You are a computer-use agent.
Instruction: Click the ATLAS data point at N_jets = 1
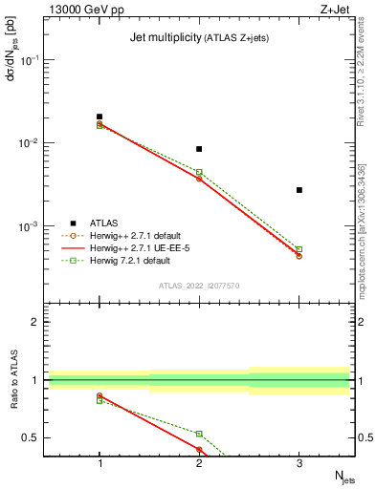tap(100, 117)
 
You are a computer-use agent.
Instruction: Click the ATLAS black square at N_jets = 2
tap(199, 149)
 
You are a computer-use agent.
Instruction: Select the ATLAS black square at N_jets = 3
tap(299, 190)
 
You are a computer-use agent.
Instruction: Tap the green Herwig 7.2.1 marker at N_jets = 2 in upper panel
tap(199, 172)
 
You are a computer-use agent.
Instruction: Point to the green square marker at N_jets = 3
tap(299, 249)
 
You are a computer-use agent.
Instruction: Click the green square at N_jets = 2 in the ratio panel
tap(199, 434)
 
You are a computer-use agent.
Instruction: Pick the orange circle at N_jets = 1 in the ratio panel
tap(100, 395)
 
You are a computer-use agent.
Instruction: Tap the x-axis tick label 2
tap(199, 463)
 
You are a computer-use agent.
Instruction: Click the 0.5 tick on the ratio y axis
tap(34, 437)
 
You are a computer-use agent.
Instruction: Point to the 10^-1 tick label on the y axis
tap(31, 59)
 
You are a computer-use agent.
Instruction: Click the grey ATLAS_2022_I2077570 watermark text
tap(199, 286)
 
